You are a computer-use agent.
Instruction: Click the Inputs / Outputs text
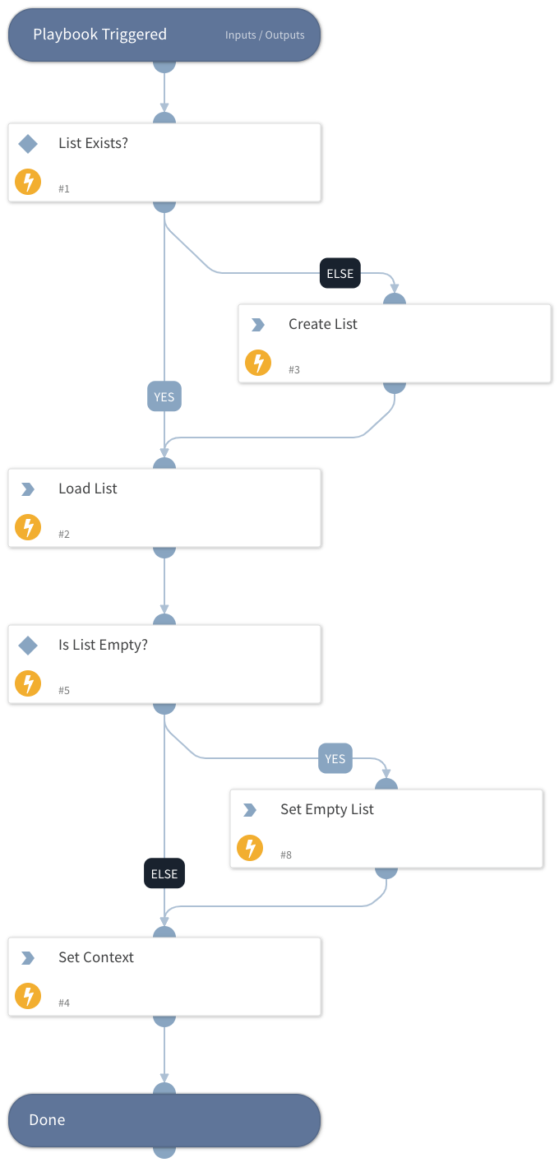[x=265, y=35]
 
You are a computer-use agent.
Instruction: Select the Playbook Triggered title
[x=99, y=35]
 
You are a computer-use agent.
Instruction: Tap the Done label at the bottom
[x=47, y=1120]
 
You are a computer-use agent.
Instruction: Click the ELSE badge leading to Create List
[x=340, y=274]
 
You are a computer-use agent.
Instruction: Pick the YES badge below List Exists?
[x=164, y=396]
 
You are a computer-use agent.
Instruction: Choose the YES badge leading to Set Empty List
[x=335, y=758]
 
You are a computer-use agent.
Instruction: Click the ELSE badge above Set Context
[x=164, y=873]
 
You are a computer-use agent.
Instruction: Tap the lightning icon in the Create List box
[x=258, y=363]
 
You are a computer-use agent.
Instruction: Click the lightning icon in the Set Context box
[x=28, y=996]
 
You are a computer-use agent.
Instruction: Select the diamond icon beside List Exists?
[x=28, y=144]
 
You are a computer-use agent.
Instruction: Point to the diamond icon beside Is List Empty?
[x=28, y=646]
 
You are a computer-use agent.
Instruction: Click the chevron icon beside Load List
[x=28, y=489]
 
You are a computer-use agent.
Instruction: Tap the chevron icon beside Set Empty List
[x=250, y=810]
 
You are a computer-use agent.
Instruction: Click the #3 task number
[x=294, y=370]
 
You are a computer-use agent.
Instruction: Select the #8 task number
[x=286, y=855]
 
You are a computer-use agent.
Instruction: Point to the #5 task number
[x=64, y=691]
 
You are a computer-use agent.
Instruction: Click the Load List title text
[x=88, y=489]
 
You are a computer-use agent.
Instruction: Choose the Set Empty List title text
[x=327, y=809]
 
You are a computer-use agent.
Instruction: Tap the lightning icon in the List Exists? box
[x=28, y=182]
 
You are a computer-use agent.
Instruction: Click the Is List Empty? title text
[x=103, y=645]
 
